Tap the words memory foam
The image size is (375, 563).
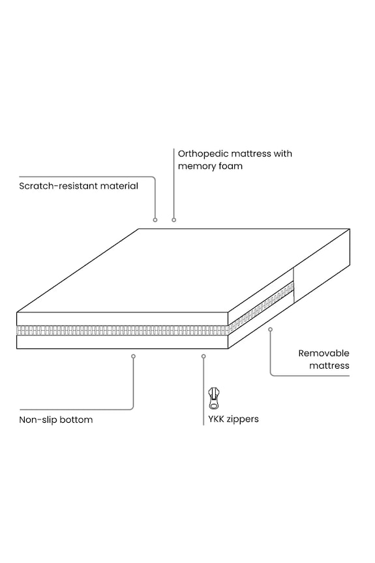click(210, 166)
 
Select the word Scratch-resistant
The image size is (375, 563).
click(58, 186)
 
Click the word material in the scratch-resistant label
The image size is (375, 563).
click(119, 186)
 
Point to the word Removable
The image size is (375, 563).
click(323, 354)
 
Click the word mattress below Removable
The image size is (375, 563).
click(329, 365)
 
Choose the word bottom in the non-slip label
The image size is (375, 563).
click(76, 419)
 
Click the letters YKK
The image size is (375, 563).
click(216, 419)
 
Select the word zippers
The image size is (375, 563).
click(243, 419)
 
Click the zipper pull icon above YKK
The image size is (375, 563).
click(214, 398)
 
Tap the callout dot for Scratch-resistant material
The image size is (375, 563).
click(155, 220)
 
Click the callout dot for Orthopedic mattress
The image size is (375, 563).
click(173, 220)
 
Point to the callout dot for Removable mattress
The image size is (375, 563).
click(270, 329)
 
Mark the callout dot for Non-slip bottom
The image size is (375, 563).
click(133, 356)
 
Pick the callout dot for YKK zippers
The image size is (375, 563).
click(203, 356)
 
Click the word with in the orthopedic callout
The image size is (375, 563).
click(283, 154)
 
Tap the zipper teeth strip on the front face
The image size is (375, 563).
click(123, 330)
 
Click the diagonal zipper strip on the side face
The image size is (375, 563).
click(261, 308)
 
